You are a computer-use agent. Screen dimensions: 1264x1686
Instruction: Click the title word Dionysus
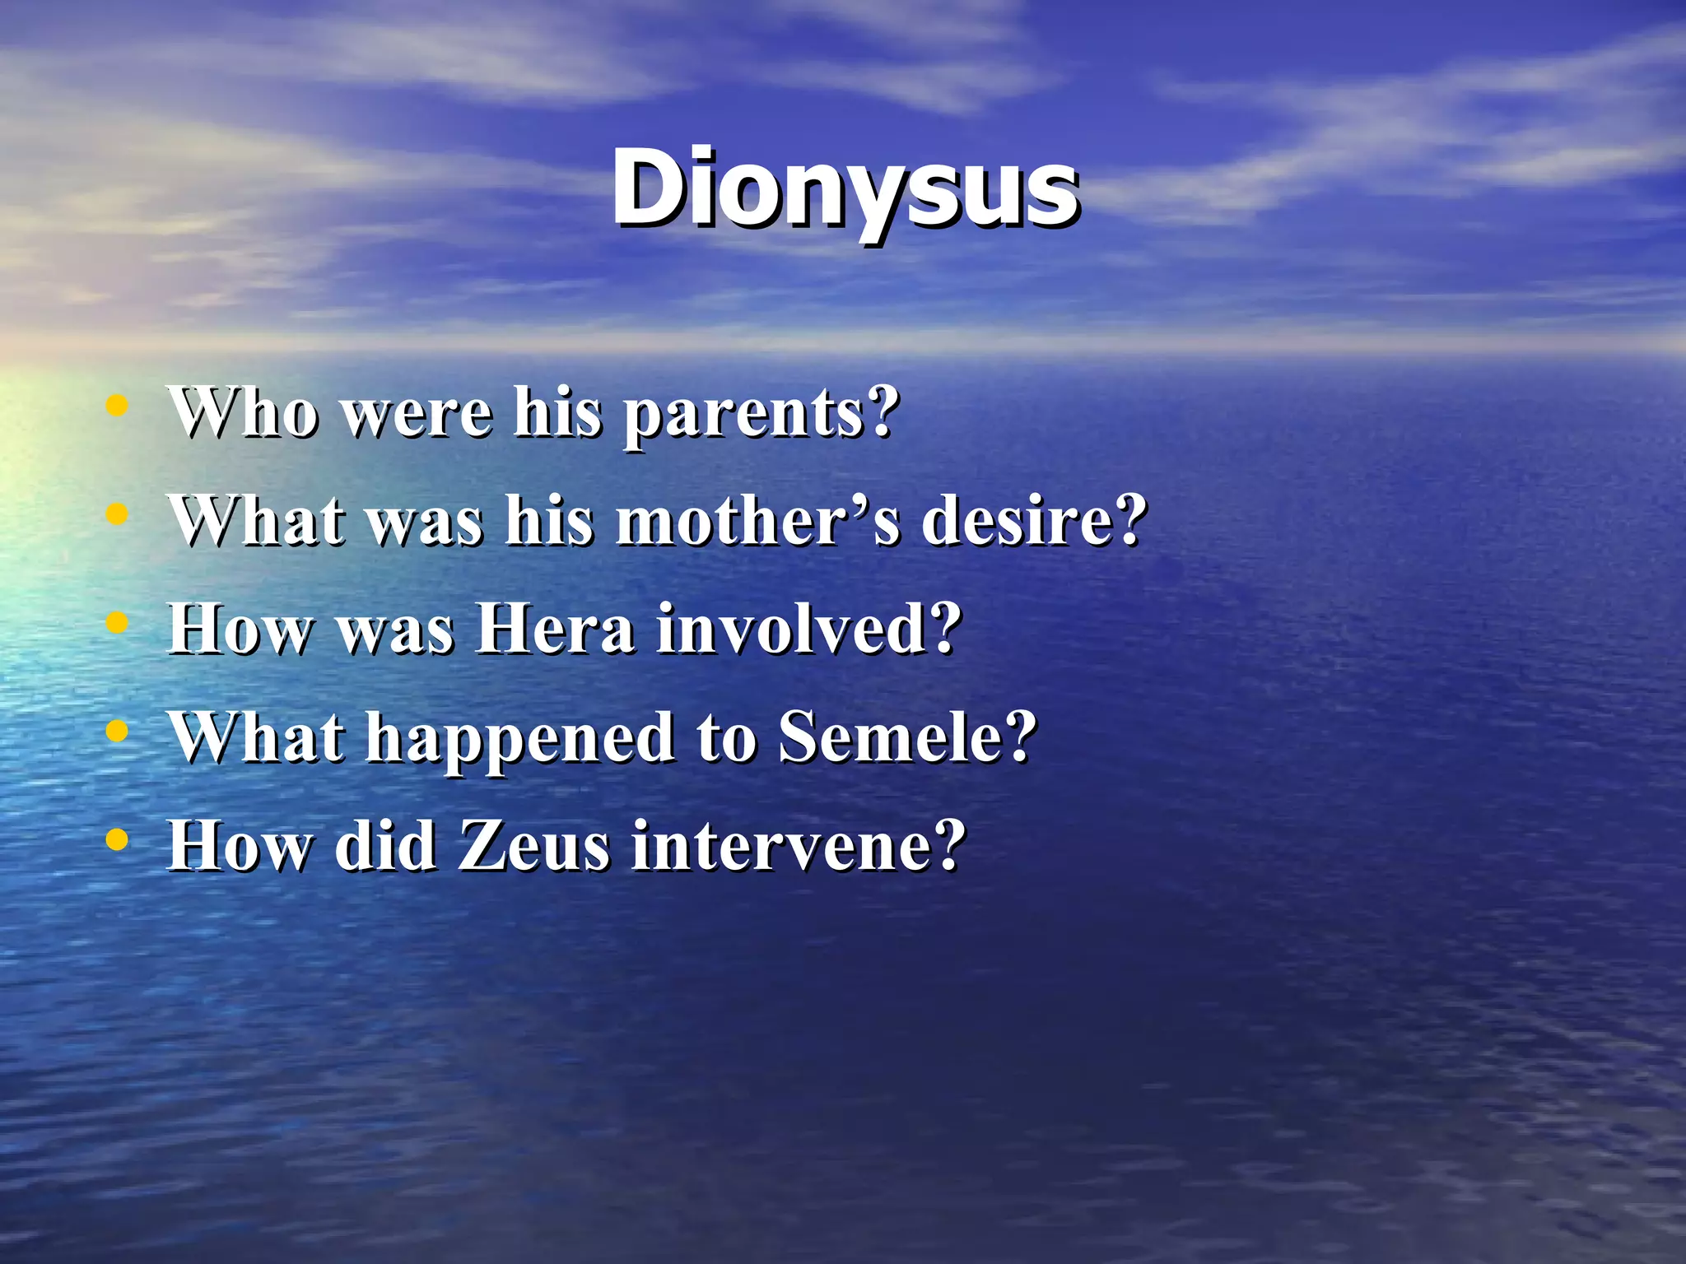coord(845,189)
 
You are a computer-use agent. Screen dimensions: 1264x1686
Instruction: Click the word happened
coord(520,739)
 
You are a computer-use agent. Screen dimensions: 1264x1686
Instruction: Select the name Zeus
coord(533,846)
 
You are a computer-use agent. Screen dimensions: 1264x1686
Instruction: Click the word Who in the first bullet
coord(243,411)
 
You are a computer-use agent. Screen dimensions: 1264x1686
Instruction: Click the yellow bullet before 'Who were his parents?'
coord(118,405)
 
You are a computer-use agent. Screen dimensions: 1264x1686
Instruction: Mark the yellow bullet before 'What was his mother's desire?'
coord(118,514)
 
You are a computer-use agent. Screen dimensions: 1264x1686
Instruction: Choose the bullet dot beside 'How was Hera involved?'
coord(118,623)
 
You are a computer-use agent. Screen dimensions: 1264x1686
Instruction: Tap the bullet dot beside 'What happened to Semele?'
coord(118,732)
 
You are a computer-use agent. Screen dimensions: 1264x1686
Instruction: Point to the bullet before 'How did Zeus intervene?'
coord(118,840)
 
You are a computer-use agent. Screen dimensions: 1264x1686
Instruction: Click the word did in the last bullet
coord(384,846)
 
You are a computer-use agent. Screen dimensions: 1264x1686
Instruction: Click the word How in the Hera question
coord(240,630)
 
